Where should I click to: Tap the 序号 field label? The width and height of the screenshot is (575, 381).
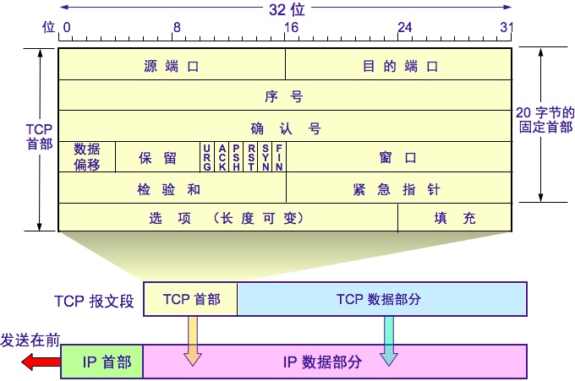tap(283, 96)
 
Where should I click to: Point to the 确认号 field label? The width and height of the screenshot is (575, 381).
tap(285, 128)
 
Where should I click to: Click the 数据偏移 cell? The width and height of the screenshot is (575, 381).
tap(87, 156)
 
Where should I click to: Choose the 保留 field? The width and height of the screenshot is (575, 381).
tap(157, 157)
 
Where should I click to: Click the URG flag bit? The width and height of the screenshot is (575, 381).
tap(206, 157)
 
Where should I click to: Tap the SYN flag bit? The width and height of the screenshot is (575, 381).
tap(266, 157)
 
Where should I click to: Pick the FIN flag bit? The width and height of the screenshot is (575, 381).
tap(279, 157)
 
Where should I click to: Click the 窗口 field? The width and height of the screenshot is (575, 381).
tap(398, 157)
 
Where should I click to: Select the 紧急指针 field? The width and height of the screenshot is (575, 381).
tap(397, 188)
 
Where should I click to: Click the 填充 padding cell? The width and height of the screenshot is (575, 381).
tap(455, 218)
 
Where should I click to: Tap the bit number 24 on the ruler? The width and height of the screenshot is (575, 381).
tap(405, 28)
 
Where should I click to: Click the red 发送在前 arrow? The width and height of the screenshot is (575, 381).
tap(40, 362)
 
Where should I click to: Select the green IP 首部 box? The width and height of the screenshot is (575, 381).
tap(102, 362)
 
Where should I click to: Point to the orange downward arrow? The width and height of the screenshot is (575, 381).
tap(194, 341)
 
